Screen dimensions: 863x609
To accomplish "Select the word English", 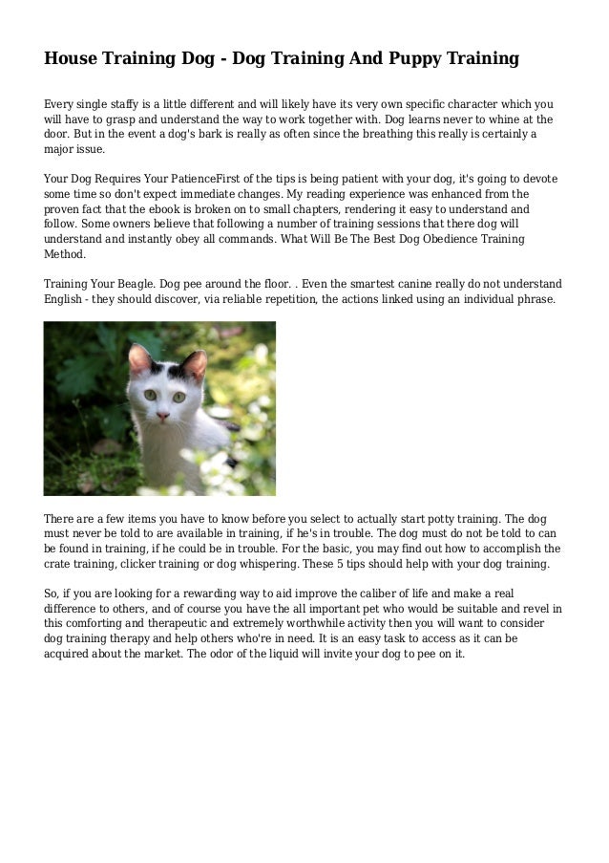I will click(x=68, y=300).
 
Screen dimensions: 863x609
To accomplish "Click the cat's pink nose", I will click(x=162, y=416).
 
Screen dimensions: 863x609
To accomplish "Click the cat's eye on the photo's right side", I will click(x=178, y=395).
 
